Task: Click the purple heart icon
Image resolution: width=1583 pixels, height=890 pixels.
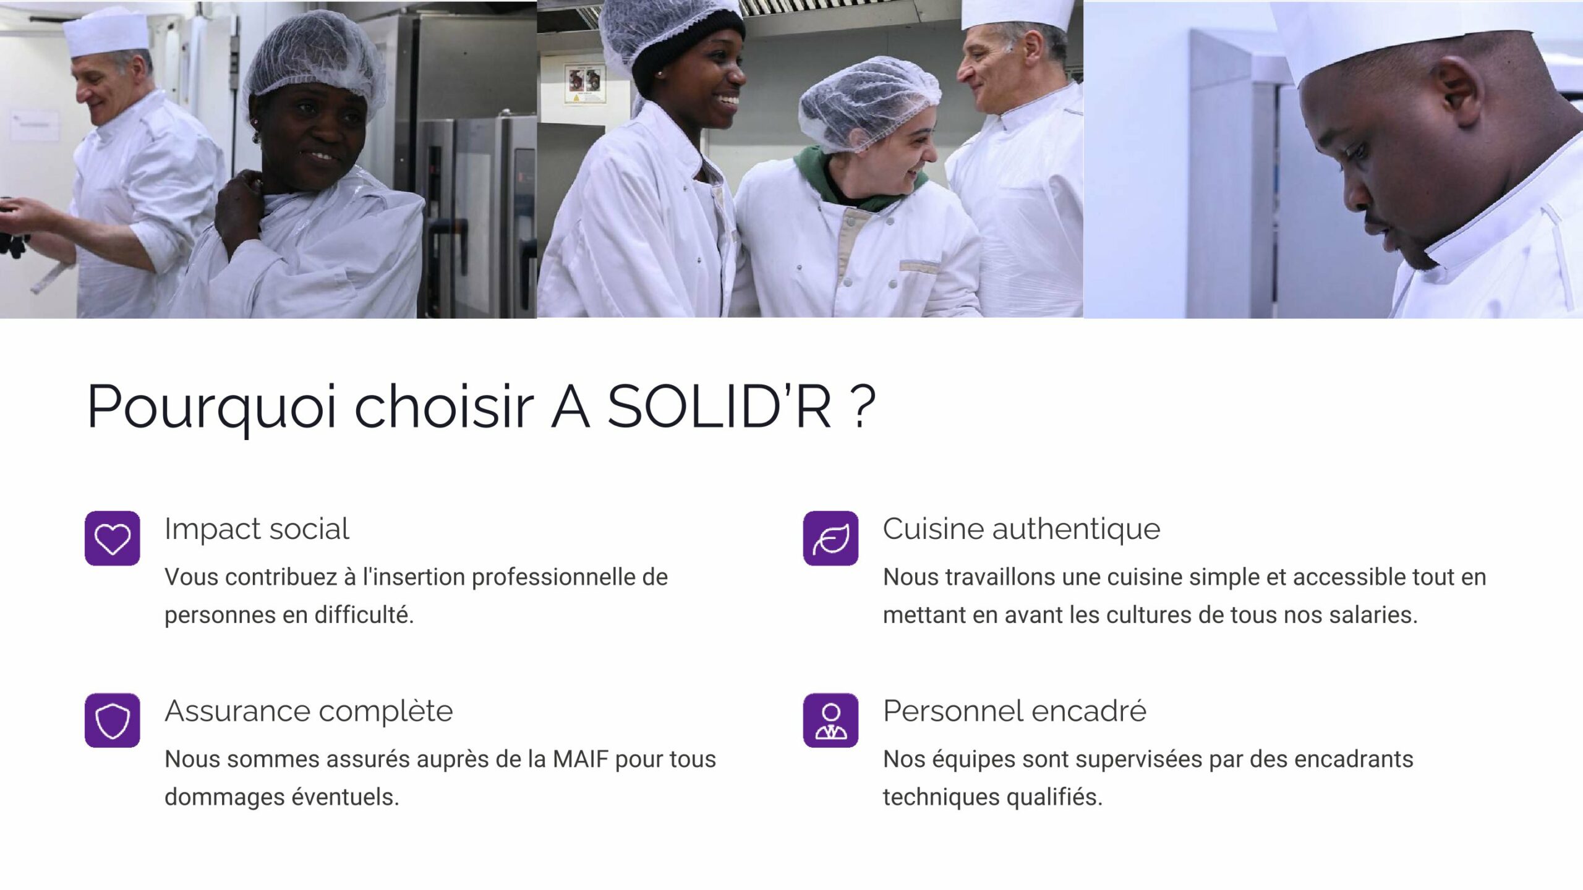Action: pyautogui.click(x=112, y=538)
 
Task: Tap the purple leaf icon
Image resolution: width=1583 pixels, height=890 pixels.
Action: pyautogui.click(x=830, y=538)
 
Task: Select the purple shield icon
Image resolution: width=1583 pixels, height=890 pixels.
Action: pyautogui.click(x=112, y=720)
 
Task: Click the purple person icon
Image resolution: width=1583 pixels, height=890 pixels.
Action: pyautogui.click(x=830, y=720)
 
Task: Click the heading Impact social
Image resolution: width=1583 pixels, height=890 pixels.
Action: pyautogui.click(x=257, y=529)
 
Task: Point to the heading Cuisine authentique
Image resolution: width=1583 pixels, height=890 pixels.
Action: pyautogui.click(x=1022, y=530)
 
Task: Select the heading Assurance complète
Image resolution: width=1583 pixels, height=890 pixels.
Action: pyautogui.click(x=309, y=711)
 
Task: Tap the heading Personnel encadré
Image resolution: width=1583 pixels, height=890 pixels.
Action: pyautogui.click(x=1015, y=711)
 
